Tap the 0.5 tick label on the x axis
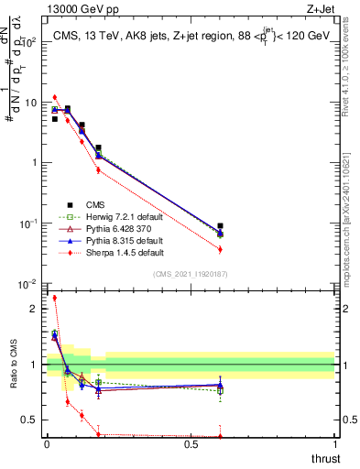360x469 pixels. [x=191, y=444]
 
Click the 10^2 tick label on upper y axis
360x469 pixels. [x=27, y=42]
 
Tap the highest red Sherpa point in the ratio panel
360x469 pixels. [x=55, y=298]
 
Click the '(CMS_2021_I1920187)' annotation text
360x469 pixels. [x=190, y=275]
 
